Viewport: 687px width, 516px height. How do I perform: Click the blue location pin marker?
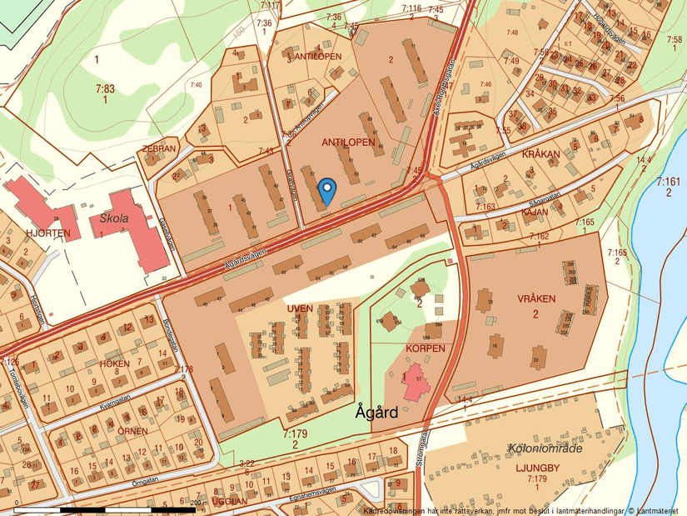tap(327, 191)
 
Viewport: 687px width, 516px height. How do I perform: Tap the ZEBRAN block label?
tap(159, 148)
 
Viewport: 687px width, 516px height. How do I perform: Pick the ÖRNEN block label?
tap(132, 431)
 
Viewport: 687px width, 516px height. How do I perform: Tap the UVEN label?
tap(300, 308)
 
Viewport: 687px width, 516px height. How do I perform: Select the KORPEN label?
tap(426, 348)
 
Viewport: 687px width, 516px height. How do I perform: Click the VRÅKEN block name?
tap(535, 298)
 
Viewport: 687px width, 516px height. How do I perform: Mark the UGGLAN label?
tap(229, 501)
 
